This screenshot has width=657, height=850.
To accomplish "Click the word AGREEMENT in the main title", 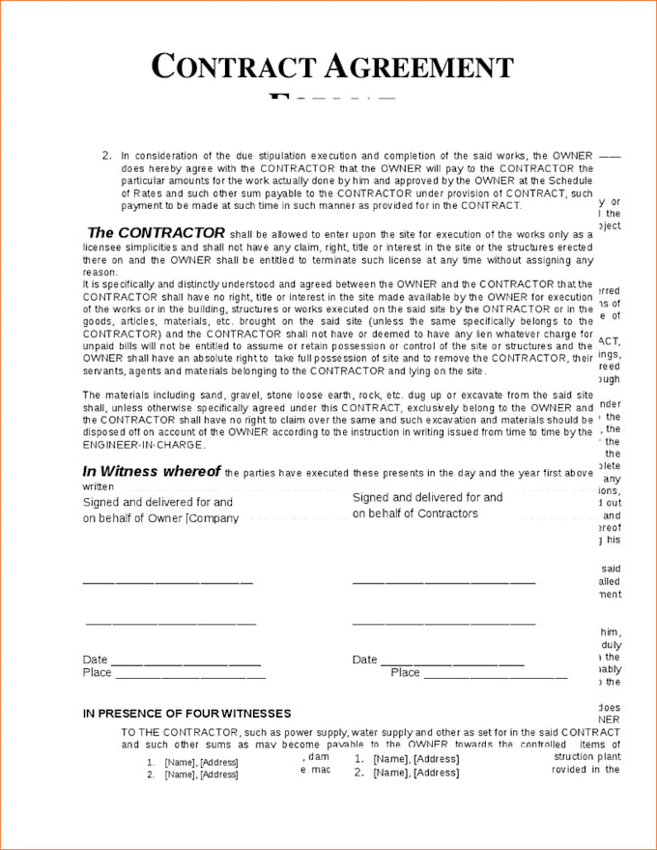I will coord(418,67).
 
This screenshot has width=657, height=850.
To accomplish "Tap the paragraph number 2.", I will coord(106,155).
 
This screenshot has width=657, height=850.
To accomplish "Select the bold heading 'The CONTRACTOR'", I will coord(156,233).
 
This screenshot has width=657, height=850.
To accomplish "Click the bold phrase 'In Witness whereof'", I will coord(151,472).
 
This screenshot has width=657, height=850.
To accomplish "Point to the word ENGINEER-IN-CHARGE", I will coord(143,445).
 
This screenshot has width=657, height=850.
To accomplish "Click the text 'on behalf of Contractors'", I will coord(414,513).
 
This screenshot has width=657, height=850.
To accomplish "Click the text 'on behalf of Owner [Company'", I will coord(160,518).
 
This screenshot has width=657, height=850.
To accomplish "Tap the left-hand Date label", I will coord(95,660).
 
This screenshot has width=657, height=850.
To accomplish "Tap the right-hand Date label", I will coord(364,659).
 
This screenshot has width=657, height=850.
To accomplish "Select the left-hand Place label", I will coord(97,673).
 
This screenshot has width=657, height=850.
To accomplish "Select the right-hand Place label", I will coord(405,673).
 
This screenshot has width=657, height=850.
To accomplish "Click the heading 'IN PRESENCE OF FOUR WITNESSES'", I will coord(186,714).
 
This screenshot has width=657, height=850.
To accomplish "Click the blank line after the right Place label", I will coord(495,676).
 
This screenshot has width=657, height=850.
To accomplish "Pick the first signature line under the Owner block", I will coord(167,583).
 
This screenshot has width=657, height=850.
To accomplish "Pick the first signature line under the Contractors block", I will coord(443,583).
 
